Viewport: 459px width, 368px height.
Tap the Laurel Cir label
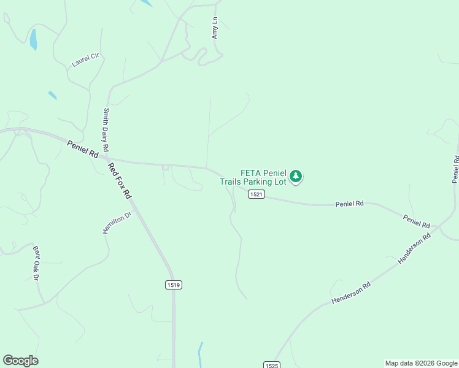coord(85,59)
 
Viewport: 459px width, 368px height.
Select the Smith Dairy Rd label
coord(106,130)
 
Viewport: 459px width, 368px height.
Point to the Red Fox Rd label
coord(120,180)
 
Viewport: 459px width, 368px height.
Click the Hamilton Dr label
coord(117,223)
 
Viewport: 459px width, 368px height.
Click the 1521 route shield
coord(256,194)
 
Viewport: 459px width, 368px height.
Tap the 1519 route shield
coord(174,285)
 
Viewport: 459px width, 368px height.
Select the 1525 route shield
coord(272,365)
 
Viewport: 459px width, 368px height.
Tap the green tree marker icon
coord(296,177)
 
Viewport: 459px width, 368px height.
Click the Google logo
coord(20,361)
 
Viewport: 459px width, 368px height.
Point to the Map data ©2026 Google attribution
coord(421,363)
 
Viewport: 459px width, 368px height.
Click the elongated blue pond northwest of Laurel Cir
coord(33,39)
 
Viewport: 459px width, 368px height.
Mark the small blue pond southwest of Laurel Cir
coord(52,95)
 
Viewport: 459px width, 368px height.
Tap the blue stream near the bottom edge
coord(199,355)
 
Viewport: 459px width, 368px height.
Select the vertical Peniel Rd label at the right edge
coord(455,169)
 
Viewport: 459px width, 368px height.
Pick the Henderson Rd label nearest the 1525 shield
coord(352,293)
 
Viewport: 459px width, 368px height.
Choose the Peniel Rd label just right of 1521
coord(349,203)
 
